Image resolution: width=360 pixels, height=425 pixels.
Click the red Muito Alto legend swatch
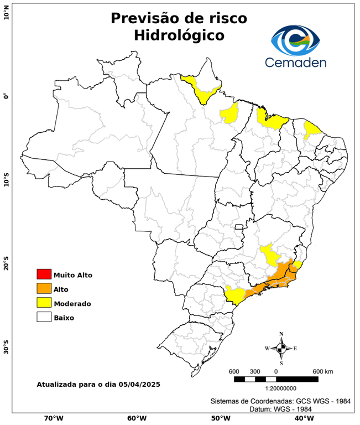click(x=44, y=274)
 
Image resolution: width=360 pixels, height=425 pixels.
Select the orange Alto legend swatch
click(x=44, y=289)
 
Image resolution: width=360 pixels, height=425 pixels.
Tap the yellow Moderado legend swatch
click(x=44, y=303)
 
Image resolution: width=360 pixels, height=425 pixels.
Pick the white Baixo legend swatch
click(x=44, y=318)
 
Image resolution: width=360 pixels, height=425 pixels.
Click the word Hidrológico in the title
click(x=179, y=35)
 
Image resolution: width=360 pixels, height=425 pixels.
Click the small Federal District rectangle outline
click(x=239, y=226)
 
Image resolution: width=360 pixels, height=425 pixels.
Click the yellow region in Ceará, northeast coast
click(x=312, y=130)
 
